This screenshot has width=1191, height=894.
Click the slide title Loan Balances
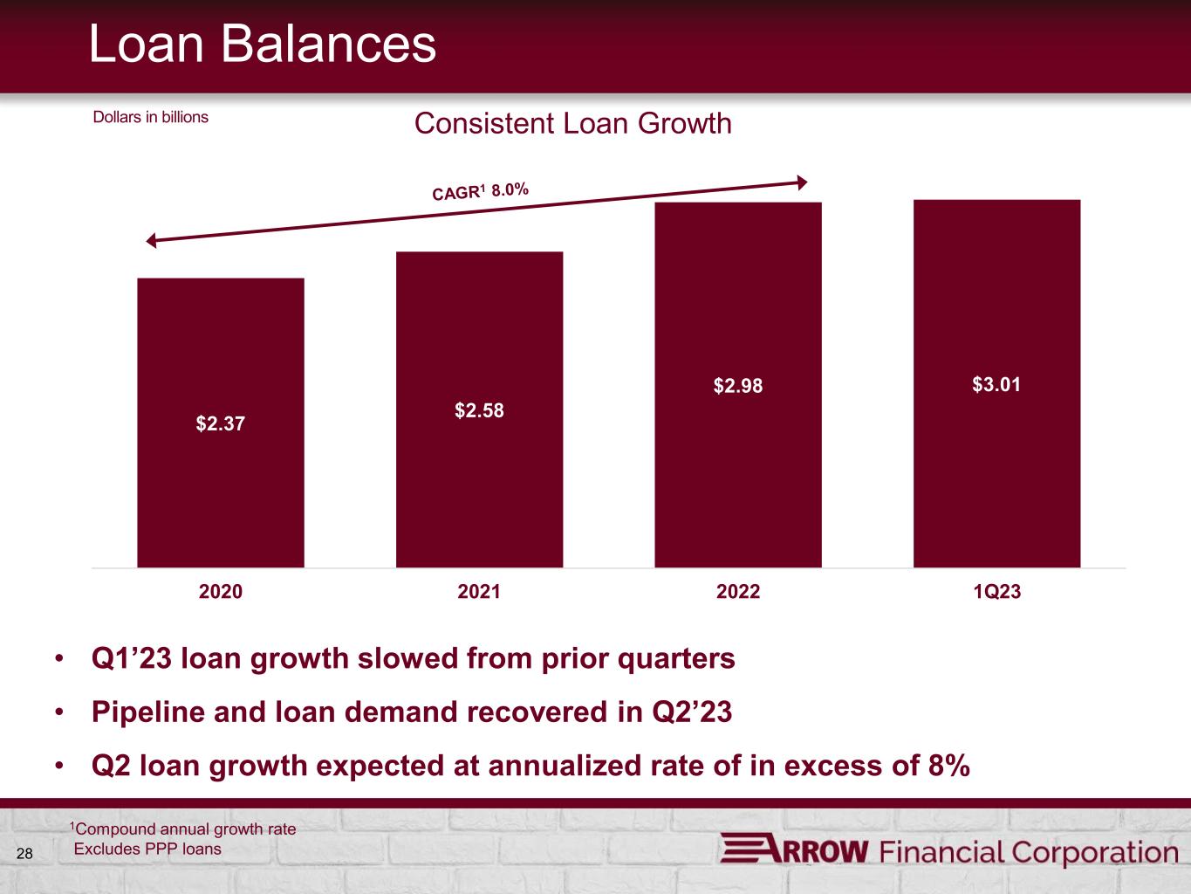pos(263,44)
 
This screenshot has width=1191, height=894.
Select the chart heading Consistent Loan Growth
pos(573,123)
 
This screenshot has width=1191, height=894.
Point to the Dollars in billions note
pos(151,117)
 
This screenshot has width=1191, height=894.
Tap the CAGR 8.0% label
pos(480,191)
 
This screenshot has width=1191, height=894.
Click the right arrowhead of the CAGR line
pos(803,182)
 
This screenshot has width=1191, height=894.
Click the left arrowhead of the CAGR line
pos(152,240)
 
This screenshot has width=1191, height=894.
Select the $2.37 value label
pos(220,423)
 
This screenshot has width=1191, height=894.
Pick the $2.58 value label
pos(479,410)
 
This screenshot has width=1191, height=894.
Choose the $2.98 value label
pos(738,386)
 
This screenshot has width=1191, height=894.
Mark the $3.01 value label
pos(996,384)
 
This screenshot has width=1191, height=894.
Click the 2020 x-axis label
pos(220,591)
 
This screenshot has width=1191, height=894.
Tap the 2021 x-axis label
pos(479,591)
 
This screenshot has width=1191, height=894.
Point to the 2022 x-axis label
pos(738,591)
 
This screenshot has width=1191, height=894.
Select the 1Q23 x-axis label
pos(996,591)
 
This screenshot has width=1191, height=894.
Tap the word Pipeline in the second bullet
pos(148,712)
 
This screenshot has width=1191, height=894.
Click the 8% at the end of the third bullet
pos(949,766)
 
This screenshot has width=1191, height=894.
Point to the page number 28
pos(24,854)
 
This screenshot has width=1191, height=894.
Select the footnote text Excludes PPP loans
pos(147,849)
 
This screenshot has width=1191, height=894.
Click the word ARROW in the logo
pos(794,850)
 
